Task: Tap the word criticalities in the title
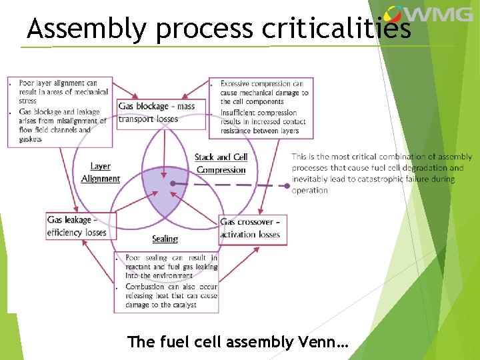coord(336,29)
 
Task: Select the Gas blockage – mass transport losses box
coord(157,113)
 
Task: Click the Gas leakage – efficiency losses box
coord(78,226)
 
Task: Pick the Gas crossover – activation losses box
coord(251,228)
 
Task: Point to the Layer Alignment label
coord(101,173)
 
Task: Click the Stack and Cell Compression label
coord(221,163)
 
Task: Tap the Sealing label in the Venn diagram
coord(165,239)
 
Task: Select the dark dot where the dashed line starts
coord(173,183)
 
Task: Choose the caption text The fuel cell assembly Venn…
coord(238,342)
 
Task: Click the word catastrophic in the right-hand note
coord(375,179)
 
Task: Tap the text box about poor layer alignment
coord(59,111)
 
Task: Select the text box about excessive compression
coord(261,107)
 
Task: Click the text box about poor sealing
coord(167,283)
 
